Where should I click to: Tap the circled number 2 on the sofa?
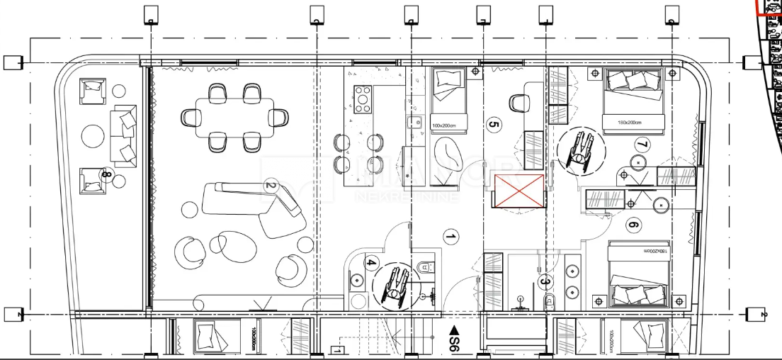tap(270, 187)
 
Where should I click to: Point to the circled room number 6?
tap(633, 226)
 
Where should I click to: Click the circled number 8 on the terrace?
tap(106, 174)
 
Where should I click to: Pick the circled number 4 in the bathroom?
tap(370, 264)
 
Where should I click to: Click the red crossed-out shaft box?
tap(520, 191)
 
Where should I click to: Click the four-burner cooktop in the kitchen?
tap(363, 99)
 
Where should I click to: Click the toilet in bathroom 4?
tap(424, 267)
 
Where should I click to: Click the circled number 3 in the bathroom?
tap(545, 281)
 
